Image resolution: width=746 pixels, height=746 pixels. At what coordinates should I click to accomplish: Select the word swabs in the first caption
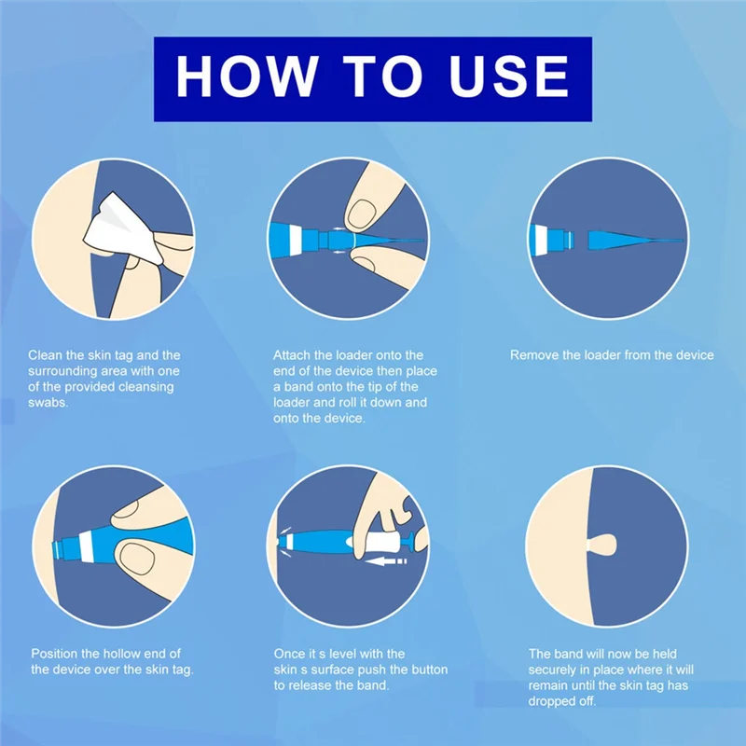47,403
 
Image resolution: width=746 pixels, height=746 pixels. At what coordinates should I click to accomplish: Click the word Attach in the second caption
292,355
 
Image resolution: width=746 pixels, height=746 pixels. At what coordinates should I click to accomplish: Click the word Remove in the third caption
533,355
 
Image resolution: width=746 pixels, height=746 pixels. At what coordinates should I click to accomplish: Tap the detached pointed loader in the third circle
634,241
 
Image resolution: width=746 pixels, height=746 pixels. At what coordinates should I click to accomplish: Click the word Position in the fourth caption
56,654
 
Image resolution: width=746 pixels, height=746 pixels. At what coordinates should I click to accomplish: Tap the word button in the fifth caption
424,670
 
